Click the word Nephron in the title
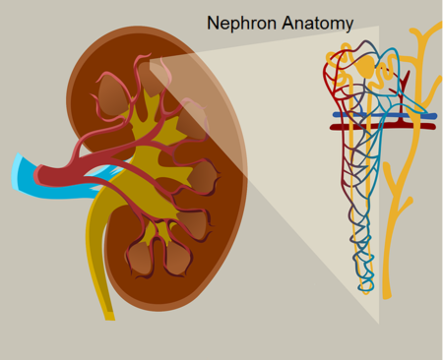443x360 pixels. [x=240, y=22]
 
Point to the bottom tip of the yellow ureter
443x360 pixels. [x=109, y=315]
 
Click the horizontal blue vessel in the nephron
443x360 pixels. [x=384, y=115]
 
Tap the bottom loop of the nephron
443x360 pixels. [x=366, y=287]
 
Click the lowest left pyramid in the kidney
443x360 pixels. [x=141, y=258]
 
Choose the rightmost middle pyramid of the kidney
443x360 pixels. [x=204, y=177]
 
